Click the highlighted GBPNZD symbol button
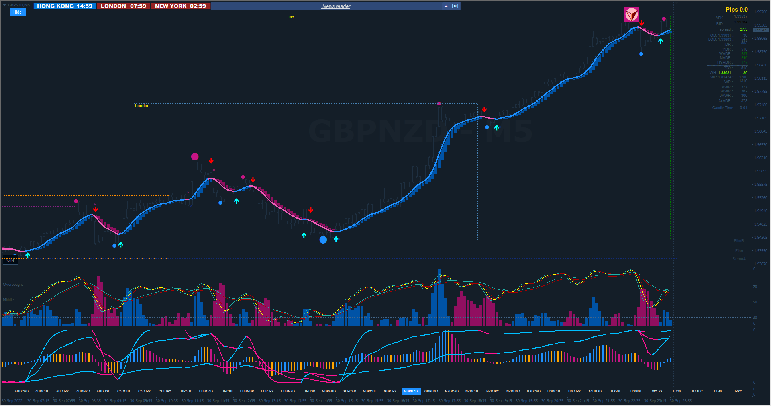[x=410, y=391]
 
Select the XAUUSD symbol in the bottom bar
[x=595, y=391]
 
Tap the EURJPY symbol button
[x=267, y=391]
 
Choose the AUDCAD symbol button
[x=22, y=391]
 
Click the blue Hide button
[x=18, y=12]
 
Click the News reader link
[x=336, y=6]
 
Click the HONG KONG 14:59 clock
[x=65, y=6]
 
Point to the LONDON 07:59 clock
[x=123, y=6]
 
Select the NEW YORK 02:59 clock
[x=180, y=6]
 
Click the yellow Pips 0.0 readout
[x=736, y=10]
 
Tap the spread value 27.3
[x=743, y=29]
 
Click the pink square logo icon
[x=631, y=14]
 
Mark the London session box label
[x=142, y=106]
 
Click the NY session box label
[x=292, y=17]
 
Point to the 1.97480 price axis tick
[x=761, y=105]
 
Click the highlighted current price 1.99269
[x=761, y=30]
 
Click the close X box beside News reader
[x=455, y=6]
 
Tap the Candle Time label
[x=722, y=108]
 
